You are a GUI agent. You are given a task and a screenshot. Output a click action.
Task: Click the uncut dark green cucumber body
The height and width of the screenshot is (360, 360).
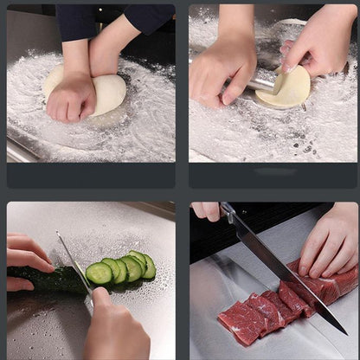click(48, 279)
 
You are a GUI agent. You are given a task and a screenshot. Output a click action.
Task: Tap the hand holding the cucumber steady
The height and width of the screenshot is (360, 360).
click(28, 260)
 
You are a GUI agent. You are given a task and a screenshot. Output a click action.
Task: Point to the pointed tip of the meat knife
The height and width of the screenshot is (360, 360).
click(345, 333)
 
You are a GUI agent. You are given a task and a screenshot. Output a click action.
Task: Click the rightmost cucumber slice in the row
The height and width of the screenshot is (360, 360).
click(149, 267)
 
